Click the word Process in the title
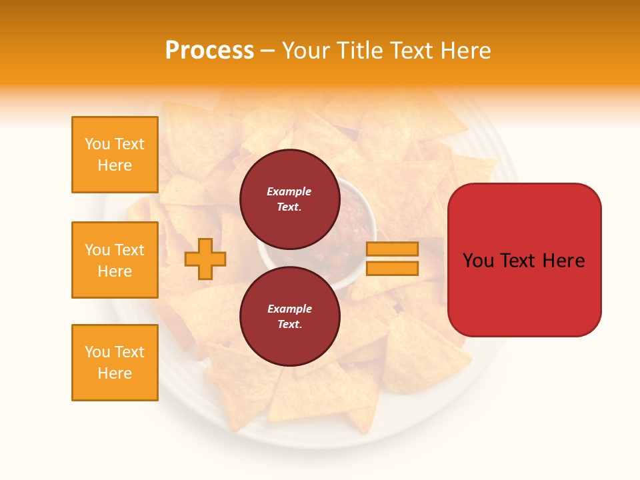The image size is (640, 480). pyautogui.click(x=209, y=51)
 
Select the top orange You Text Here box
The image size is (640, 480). pyautogui.click(x=115, y=155)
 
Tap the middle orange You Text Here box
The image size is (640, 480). pyautogui.click(x=115, y=260)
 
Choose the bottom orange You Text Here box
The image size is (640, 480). pyautogui.click(x=115, y=363)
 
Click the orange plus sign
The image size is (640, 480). pyautogui.click(x=205, y=259)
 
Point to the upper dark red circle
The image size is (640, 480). pyautogui.click(x=289, y=199)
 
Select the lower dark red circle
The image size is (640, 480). pyautogui.click(x=289, y=316)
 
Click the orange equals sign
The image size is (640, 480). pyautogui.click(x=392, y=259)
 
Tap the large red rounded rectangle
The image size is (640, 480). pyautogui.click(x=524, y=260)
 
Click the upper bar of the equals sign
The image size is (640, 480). pyautogui.click(x=392, y=249)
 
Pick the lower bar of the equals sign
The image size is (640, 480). pyautogui.click(x=392, y=269)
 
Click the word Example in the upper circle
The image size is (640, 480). pyautogui.click(x=289, y=191)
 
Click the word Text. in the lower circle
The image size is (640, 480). pyautogui.click(x=289, y=325)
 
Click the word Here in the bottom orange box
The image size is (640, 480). pyautogui.click(x=115, y=373)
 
